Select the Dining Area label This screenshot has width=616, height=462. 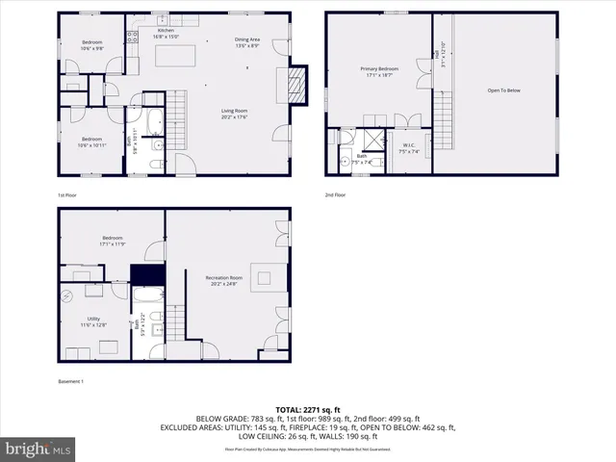tap(247, 39)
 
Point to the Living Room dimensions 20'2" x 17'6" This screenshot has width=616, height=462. tap(235, 117)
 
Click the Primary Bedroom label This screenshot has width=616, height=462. tap(379, 69)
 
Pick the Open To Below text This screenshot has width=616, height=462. tap(503, 90)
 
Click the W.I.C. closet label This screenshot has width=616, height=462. tap(408, 147)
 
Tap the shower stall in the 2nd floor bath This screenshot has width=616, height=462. tap(372, 138)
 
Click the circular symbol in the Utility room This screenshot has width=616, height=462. tap(69, 298)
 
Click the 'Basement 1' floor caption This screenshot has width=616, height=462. tap(71, 382)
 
